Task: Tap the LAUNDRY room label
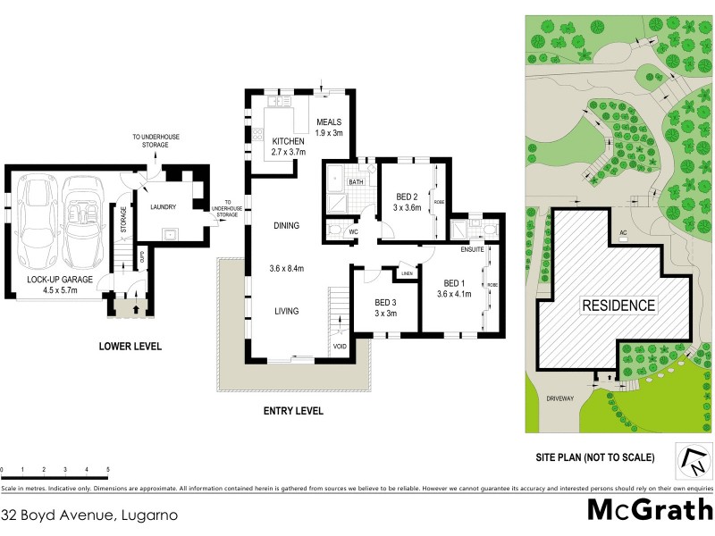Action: coord(163,207)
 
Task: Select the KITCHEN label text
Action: coord(289,141)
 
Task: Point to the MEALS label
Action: coord(327,122)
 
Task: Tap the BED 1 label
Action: coord(453,283)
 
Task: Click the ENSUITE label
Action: coord(473,250)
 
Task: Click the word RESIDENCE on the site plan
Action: coord(619,306)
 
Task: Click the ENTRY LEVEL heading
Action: coord(292,411)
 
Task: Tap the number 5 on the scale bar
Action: coord(108,469)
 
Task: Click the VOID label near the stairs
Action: coord(339,346)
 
